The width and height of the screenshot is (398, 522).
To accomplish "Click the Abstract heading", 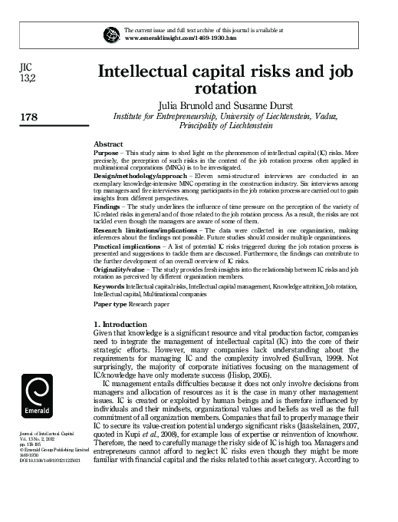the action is pyautogui.click(x=108, y=144).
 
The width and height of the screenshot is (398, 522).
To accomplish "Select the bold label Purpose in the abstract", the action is pyautogui.click(x=106, y=153).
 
